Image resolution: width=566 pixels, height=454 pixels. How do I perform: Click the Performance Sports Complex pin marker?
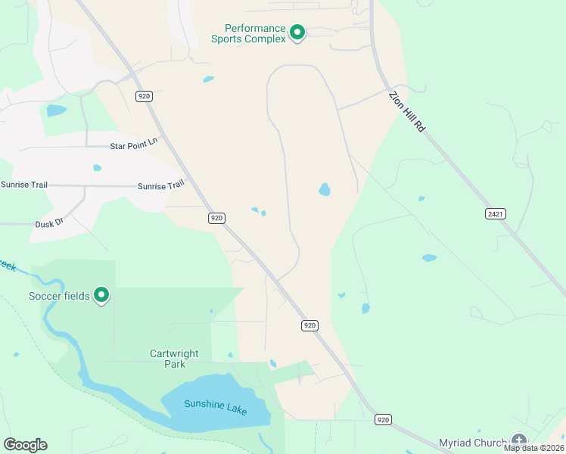click(x=297, y=33)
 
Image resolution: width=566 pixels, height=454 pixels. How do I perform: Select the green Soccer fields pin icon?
click(x=101, y=295)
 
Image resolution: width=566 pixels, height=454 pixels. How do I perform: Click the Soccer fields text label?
click(x=60, y=295)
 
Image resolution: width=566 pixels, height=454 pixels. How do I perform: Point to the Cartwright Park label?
click(x=175, y=358)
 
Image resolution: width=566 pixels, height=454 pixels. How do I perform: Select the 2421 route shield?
click(x=496, y=214)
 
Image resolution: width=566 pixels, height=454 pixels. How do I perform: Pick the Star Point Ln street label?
click(x=133, y=141)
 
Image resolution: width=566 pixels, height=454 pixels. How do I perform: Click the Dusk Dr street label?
click(x=49, y=224)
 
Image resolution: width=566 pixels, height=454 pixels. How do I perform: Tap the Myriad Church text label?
click(x=474, y=442)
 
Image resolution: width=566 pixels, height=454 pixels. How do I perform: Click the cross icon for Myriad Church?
click(x=519, y=440)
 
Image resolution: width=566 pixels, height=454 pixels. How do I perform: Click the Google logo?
click(x=25, y=445)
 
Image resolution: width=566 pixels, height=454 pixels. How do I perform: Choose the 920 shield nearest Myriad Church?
click(x=383, y=418)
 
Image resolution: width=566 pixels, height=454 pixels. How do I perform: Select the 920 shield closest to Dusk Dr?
click(x=217, y=218)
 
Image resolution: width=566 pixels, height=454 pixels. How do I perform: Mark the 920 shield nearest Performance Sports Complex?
click(x=145, y=96)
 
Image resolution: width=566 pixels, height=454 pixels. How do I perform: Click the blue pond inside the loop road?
click(x=325, y=189)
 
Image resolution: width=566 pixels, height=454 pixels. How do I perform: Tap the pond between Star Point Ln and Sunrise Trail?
click(x=97, y=168)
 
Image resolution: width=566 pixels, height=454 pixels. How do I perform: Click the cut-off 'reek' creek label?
click(x=8, y=266)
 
